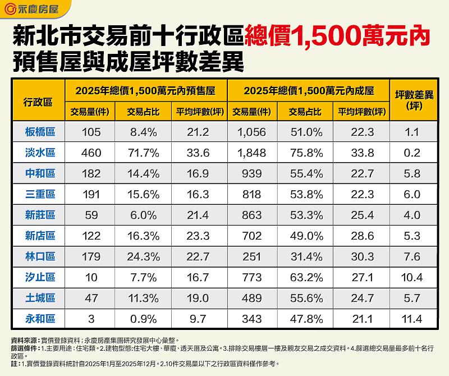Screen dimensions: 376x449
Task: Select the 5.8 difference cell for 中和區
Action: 412,174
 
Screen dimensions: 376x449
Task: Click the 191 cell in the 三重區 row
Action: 90,195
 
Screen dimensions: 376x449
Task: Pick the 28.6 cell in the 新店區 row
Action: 362,236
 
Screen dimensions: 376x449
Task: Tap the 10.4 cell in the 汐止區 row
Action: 412,278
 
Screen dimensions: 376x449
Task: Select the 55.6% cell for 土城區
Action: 305,299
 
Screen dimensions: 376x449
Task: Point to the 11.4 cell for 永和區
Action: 412,319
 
